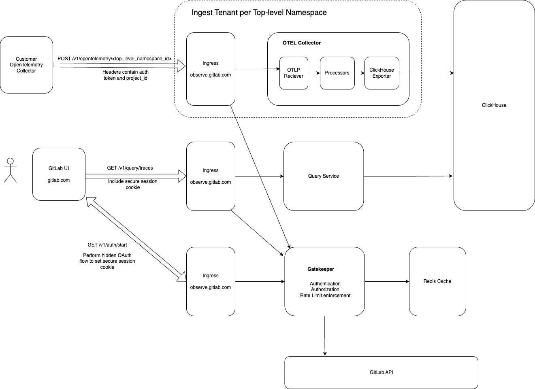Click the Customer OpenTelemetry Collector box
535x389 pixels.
tap(26, 65)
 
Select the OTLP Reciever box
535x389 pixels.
tap(294, 73)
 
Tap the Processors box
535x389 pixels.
tap(337, 73)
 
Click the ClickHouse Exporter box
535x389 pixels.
tap(382, 73)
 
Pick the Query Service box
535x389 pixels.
tap(323, 176)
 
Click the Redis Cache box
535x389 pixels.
tap(437, 281)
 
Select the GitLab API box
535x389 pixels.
tap(381, 372)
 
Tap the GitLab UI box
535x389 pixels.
tap(59, 174)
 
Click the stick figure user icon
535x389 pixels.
tap(10, 170)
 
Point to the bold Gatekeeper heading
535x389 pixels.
tap(320, 269)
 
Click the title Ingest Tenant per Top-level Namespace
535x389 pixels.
tap(259, 13)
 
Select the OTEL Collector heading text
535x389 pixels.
tap(301, 43)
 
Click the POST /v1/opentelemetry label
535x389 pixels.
tap(115, 59)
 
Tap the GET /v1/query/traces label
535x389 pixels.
tap(130, 168)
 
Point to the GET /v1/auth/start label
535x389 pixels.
tap(107, 245)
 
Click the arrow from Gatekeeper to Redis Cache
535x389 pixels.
tap(387, 281)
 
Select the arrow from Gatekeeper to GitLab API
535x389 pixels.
tap(325, 336)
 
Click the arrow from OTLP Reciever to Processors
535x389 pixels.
tap(314, 73)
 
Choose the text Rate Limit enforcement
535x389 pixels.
tap(325, 295)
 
